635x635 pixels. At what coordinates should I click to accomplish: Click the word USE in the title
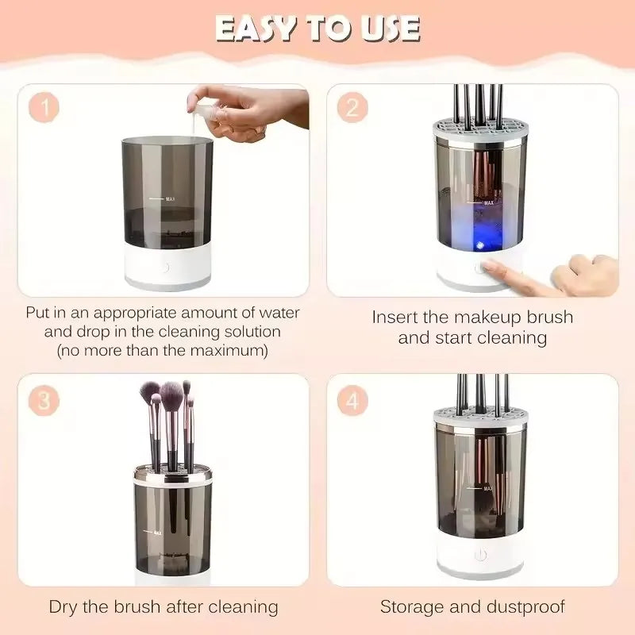(386, 28)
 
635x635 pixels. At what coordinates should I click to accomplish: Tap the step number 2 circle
(352, 107)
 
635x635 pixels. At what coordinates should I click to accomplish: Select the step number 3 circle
(44, 401)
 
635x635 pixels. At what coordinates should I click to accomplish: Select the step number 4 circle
(352, 401)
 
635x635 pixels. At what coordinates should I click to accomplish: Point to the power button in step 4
(479, 556)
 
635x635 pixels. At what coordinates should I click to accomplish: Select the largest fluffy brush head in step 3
(171, 393)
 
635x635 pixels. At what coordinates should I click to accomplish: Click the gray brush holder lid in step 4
(479, 418)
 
